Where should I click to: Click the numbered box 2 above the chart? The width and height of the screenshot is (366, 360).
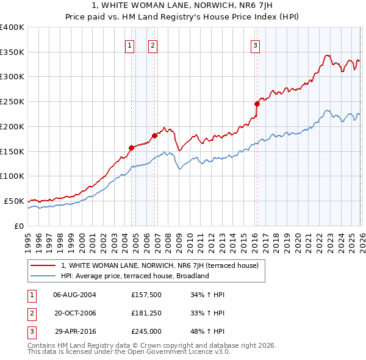152,44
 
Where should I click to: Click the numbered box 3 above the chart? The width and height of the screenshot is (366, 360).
255,44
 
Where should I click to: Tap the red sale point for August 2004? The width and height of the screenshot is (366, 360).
131,147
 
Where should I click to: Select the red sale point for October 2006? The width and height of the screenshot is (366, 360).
154,135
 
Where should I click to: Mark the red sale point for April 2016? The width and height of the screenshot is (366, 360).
257,104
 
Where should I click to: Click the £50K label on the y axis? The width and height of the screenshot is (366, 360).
14,201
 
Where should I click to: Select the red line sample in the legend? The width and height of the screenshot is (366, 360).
43,266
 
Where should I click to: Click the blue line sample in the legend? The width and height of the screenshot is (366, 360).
43,276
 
